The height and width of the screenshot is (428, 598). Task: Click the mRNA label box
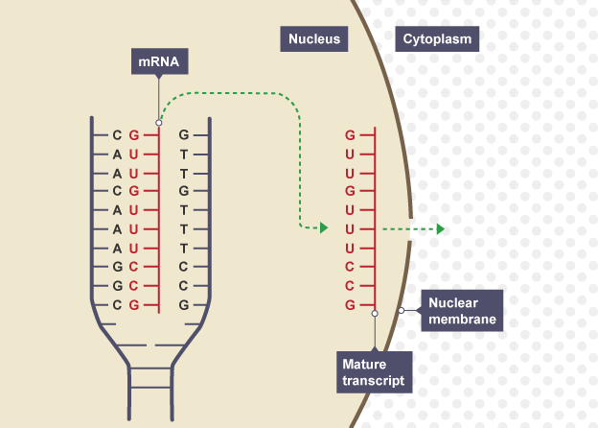pos(158,63)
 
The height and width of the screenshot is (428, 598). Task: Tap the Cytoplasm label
pos(438,38)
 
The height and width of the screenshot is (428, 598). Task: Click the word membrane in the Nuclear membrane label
pos(462,320)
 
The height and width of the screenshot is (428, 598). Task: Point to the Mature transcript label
pos(375,370)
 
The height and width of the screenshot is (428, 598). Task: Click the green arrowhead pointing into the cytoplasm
pos(440,228)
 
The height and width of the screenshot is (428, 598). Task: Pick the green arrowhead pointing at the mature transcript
pos(324,228)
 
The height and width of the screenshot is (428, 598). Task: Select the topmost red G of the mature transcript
pos(351,135)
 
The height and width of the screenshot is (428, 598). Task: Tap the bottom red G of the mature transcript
pos(351,304)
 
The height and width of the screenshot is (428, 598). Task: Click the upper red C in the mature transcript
pos(351,266)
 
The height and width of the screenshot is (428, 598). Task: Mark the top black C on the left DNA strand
pos(117,134)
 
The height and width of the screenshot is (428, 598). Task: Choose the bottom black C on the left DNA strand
pos(117,305)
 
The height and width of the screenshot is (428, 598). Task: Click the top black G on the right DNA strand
pos(183,134)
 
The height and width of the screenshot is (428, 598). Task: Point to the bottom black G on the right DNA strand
pos(183,305)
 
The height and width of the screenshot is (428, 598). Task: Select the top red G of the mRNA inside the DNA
pos(134,134)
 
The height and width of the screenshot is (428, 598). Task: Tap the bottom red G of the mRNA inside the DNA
pos(134,305)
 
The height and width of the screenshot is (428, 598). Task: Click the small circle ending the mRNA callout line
pos(159,123)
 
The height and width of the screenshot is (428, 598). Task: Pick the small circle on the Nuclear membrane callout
pos(402,311)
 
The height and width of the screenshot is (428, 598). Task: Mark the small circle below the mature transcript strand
pos(375,313)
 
